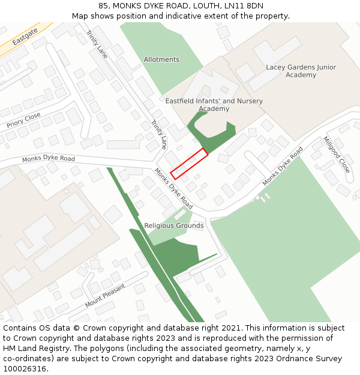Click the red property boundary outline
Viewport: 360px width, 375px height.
(x=189, y=163)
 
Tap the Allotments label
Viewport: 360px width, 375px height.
(x=161, y=59)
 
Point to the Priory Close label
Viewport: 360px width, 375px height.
(x=23, y=120)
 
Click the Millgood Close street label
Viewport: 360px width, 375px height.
(x=336, y=155)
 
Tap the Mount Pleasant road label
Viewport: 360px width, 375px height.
(x=105, y=296)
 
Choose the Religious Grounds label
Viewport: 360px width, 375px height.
(x=174, y=226)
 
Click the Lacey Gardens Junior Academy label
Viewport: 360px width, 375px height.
(x=301, y=71)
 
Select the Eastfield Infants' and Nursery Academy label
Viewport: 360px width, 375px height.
(x=214, y=105)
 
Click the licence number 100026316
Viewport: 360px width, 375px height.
(x=25, y=369)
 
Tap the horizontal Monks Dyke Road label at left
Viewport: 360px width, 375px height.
(x=49, y=159)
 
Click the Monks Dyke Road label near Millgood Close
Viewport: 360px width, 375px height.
(x=283, y=166)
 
